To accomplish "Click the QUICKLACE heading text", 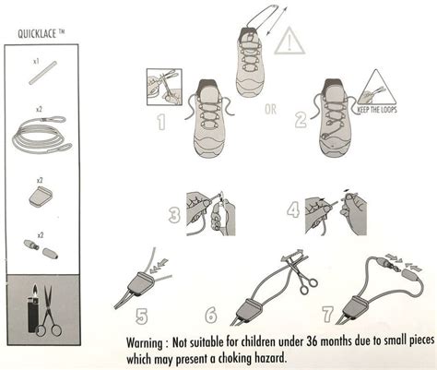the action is point(37,33).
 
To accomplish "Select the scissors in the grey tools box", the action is point(49,311).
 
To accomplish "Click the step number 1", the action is point(161,122).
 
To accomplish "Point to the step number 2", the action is point(301,120).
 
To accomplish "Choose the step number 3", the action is point(175,215).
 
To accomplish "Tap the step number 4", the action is point(293,210).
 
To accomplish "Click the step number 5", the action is point(142,316).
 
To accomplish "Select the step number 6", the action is point(211,315).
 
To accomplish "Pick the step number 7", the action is point(328,315).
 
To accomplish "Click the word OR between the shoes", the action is point(270,109).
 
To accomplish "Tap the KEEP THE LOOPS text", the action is point(377,110).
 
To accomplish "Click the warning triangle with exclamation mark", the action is point(289,41).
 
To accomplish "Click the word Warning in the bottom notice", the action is point(145,342).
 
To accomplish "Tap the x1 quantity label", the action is point(36,62).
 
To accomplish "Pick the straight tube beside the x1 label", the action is point(42,73).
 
